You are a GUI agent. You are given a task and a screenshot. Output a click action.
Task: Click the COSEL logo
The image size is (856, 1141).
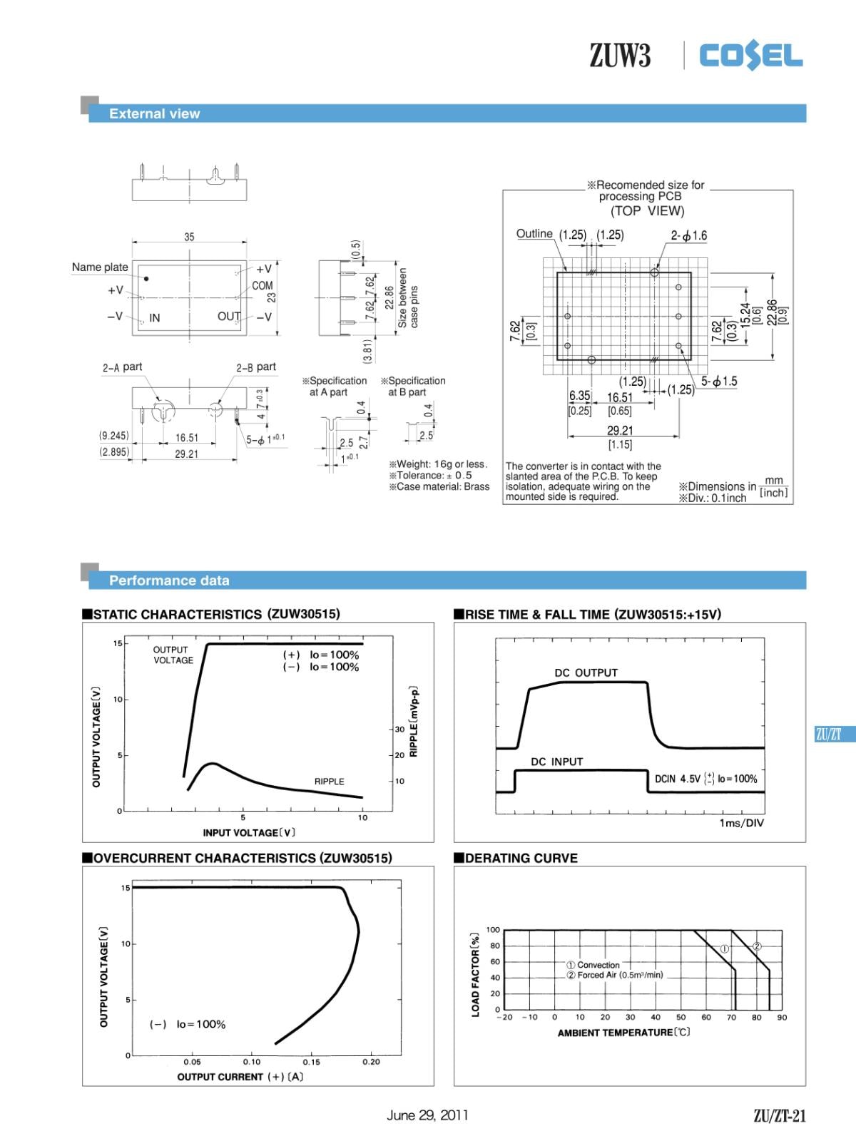click(751, 55)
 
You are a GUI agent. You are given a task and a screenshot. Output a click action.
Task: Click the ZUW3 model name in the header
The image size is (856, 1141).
click(619, 55)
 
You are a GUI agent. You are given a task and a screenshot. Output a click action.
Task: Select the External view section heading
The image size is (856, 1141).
click(154, 114)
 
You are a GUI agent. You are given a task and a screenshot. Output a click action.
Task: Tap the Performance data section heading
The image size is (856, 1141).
click(169, 580)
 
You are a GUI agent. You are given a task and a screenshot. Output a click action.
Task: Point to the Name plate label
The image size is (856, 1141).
click(100, 267)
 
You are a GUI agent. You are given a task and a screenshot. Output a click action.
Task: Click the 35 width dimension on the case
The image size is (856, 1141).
click(189, 237)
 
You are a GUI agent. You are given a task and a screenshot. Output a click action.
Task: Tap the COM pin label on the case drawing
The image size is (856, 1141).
click(263, 286)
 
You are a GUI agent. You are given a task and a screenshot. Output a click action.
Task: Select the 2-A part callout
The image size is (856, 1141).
click(122, 367)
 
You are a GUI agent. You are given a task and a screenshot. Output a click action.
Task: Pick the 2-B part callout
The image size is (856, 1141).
click(256, 367)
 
